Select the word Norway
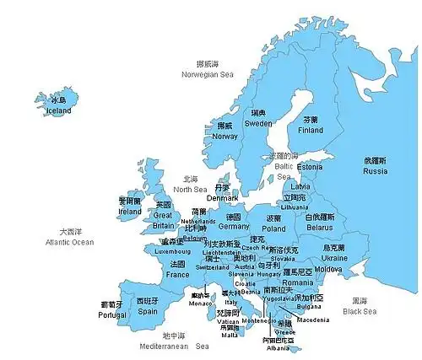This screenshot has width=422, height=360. click(x=225, y=136)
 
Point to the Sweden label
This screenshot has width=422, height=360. click(x=258, y=123)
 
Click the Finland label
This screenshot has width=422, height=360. click(x=311, y=131)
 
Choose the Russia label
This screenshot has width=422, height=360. click(x=375, y=171)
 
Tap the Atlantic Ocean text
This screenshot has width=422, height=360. click(x=71, y=242)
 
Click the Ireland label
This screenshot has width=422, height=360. click(x=129, y=212)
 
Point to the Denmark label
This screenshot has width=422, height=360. click(x=223, y=198)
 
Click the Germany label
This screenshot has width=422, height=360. click(x=234, y=226)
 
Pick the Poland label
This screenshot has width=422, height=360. click(x=273, y=228)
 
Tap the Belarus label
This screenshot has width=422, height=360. click(x=319, y=228)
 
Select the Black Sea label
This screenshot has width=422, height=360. click(x=360, y=311)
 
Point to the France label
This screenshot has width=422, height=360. click(x=177, y=274)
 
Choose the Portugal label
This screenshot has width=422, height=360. click(x=112, y=314)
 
